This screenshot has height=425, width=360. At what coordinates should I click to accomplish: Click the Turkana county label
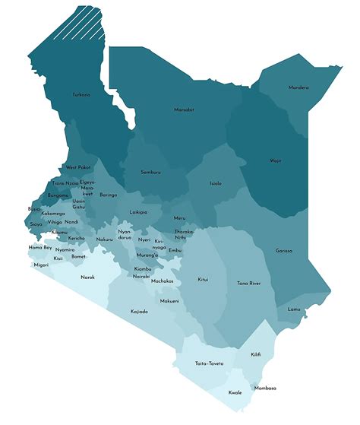point(81,95)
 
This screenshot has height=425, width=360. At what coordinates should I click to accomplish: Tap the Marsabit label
point(184,110)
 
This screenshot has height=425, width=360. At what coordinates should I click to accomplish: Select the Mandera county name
point(298,87)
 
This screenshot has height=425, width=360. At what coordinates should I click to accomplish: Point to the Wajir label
point(275,160)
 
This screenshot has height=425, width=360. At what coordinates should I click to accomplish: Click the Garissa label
point(284,250)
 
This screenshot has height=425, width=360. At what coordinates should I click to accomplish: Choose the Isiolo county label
point(216,183)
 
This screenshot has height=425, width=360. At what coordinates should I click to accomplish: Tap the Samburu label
point(150,172)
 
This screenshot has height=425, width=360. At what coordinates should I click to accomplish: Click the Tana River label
point(248,284)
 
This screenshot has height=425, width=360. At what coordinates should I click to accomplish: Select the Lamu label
point(294,309)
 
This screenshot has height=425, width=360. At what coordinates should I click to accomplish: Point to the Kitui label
point(203,279)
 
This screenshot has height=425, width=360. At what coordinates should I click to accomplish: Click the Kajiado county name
point(139,312)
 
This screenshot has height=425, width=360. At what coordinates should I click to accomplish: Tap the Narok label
point(87,277)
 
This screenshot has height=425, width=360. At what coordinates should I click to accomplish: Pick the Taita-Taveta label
point(209,363)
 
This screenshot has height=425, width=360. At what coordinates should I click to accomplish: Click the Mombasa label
point(265,388)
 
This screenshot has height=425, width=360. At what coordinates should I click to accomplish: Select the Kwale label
point(235,392)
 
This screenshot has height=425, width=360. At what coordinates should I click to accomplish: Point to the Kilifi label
point(257,354)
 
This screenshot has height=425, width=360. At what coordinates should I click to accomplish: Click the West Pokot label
point(78,167)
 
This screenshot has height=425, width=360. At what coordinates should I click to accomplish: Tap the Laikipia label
point(139,212)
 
